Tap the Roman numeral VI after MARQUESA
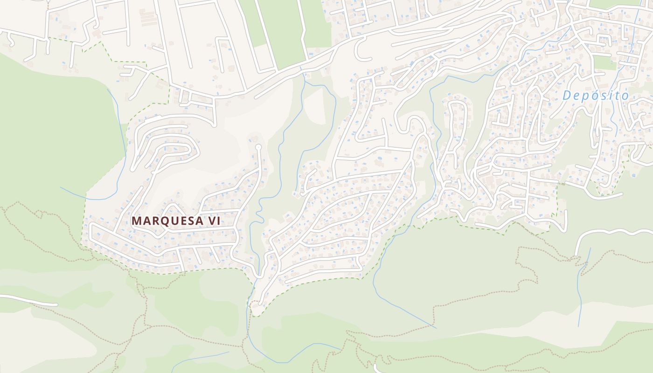coord(212,221)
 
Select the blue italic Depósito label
coord(595,96)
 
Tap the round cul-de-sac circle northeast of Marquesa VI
coord(258,147)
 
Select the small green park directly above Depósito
coord(604,62)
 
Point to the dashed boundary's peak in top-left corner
coord(101,42)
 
